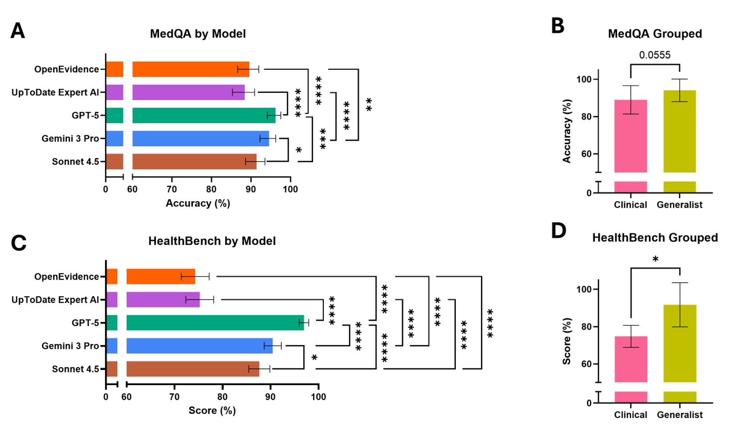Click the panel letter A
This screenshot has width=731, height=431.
tap(18, 31)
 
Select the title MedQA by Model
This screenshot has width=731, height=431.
tap(198, 34)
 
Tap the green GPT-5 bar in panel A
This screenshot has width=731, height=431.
tap(203, 115)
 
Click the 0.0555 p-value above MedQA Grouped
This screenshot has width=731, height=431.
tap(654, 55)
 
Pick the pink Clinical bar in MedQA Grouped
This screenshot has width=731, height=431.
tap(631, 135)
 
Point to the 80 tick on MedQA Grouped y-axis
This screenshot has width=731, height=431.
tap(585, 117)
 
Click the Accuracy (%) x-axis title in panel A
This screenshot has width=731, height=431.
tap(198, 203)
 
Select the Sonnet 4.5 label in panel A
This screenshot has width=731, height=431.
tap(75, 162)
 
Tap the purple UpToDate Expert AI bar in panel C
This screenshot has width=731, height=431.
tap(162, 299)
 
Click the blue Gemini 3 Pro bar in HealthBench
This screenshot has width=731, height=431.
tap(198, 346)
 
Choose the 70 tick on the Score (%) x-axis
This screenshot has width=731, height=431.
tap(174, 397)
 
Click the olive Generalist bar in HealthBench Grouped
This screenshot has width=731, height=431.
tap(680, 342)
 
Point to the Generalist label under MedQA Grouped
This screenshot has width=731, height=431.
tap(679, 205)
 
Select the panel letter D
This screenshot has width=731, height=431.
tap(558, 231)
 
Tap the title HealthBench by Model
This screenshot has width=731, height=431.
tap(212, 241)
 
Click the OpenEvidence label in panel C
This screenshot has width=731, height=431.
tap(66, 277)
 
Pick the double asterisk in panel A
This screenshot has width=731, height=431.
tap(369, 104)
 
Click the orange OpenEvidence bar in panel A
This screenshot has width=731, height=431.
tap(189, 69)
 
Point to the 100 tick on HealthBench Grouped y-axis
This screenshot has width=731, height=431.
tap(585, 289)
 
